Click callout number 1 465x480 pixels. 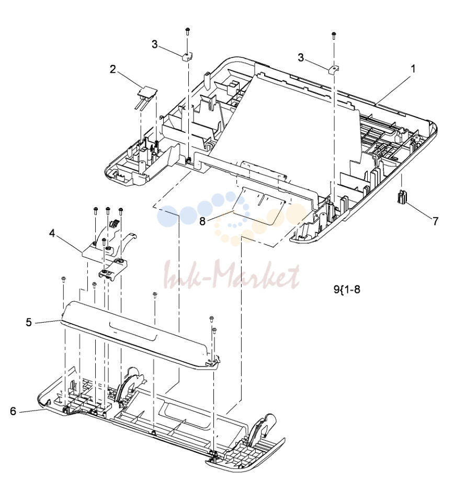point(413,69)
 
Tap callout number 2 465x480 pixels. point(113,70)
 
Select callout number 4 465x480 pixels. point(52,233)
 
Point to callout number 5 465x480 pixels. point(29,322)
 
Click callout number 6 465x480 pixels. point(13,411)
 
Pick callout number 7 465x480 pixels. point(435,221)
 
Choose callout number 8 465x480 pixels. point(202,221)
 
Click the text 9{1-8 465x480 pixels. point(347,289)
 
